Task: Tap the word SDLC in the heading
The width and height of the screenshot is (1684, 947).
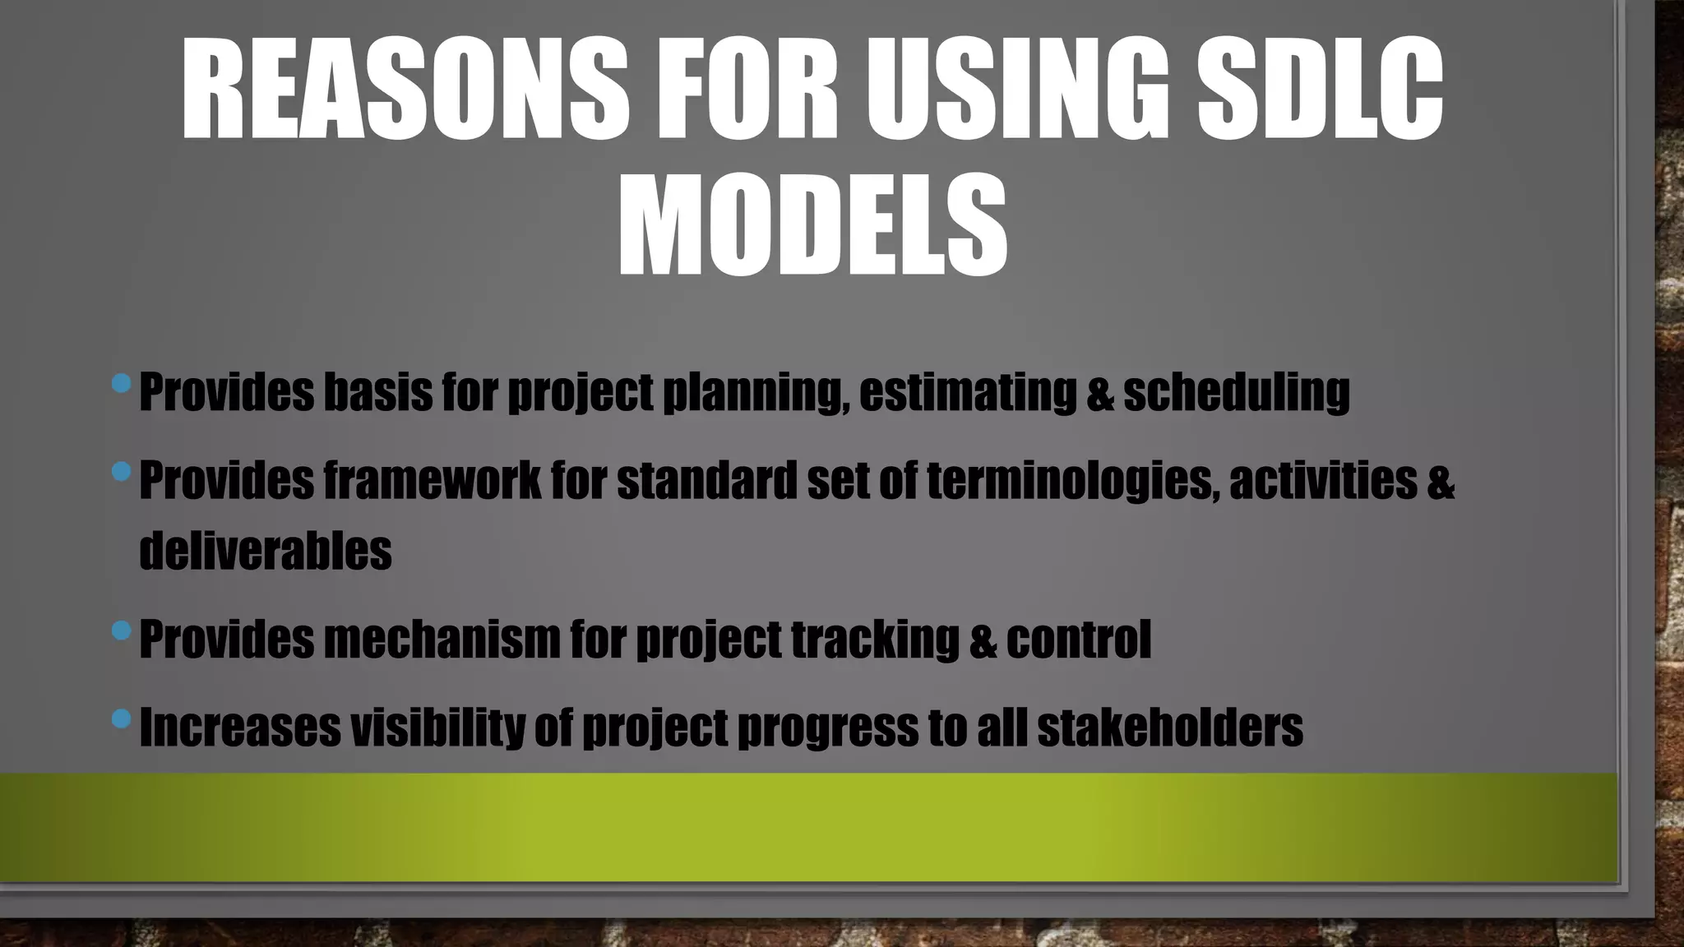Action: tap(1319, 89)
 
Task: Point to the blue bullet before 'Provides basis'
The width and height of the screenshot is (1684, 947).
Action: tap(121, 383)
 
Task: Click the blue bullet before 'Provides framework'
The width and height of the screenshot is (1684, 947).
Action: tap(121, 472)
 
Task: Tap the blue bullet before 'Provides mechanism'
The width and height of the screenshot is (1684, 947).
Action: tap(121, 631)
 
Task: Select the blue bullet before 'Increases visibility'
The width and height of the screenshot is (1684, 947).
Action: tap(121, 719)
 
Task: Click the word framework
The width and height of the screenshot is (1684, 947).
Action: tap(432, 481)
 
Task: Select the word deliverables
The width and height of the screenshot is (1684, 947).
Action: tap(265, 551)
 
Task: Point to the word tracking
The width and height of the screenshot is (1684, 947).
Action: tap(875, 640)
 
